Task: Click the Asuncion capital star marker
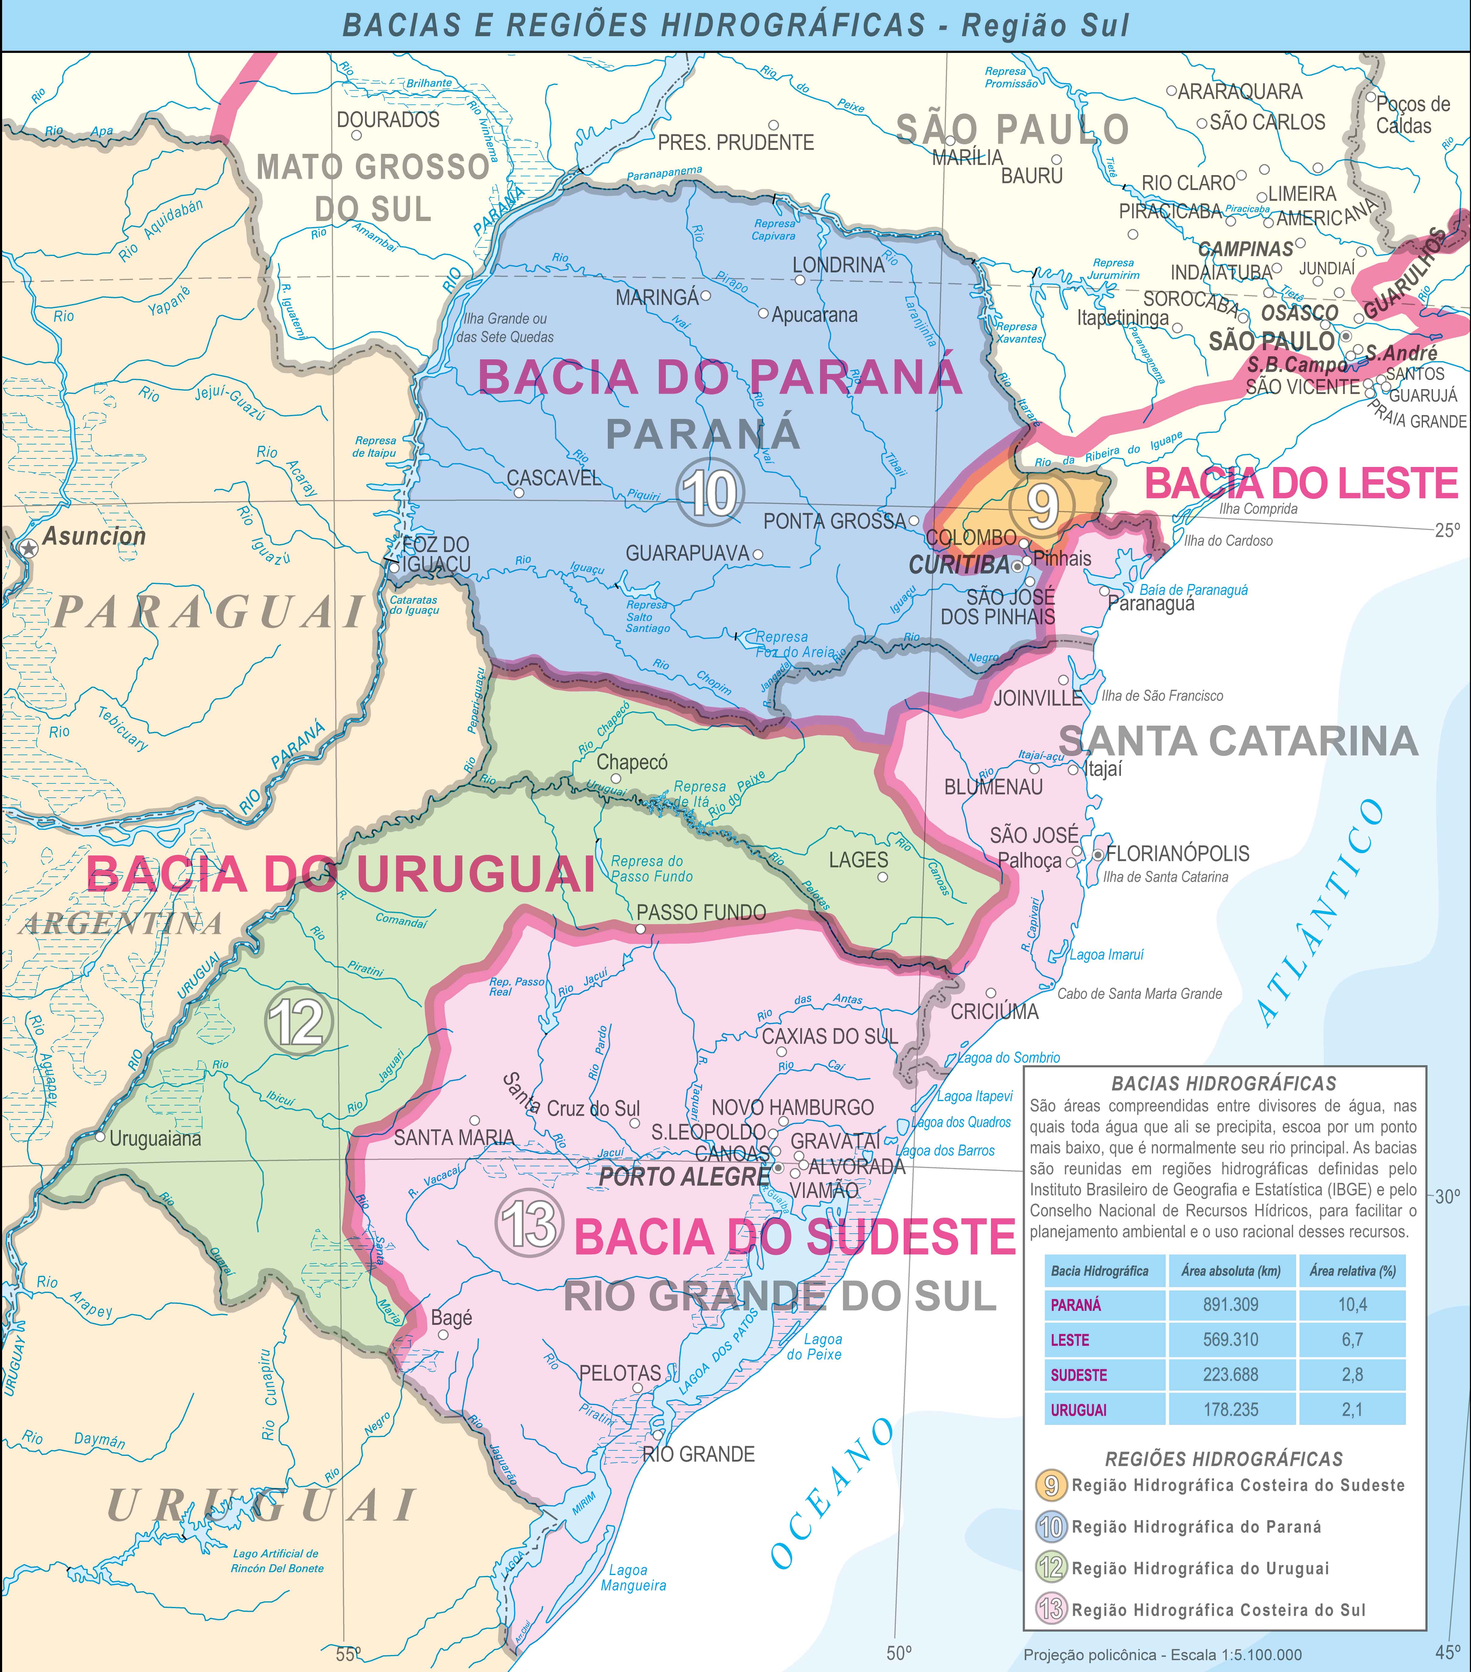[29, 548]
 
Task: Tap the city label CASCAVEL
[554, 478]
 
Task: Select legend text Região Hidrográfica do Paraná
[1196, 1526]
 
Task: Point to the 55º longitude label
[348, 1654]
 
